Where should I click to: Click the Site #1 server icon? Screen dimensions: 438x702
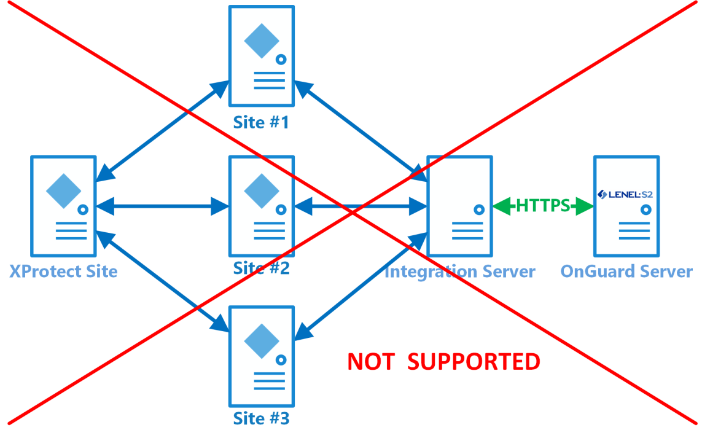tap(262, 56)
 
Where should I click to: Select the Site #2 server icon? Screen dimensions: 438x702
tap(262, 206)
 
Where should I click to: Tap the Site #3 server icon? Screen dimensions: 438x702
tap(262, 356)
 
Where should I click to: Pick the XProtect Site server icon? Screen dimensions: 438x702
tap(64, 206)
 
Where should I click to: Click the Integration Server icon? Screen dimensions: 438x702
tap(460, 206)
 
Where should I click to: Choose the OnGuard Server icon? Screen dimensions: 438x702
tap(626, 206)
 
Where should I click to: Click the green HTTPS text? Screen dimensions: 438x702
tap(543, 206)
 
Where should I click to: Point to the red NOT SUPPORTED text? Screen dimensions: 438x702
tap(443, 362)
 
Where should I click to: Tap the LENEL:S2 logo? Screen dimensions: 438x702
tap(625, 195)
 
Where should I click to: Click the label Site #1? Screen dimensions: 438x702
tap(261, 122)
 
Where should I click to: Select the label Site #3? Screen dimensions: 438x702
tap(261, 419)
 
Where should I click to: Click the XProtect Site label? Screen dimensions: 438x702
tap(63, 271)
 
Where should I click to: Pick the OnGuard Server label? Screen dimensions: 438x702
tap(626, 271)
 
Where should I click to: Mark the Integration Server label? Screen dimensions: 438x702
tap(459, 271)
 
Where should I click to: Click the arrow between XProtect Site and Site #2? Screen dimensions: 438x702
tap(163, 206)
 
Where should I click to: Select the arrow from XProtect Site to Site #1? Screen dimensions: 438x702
tap(161, 131)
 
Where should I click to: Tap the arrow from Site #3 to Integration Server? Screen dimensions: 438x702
tap(361, 286)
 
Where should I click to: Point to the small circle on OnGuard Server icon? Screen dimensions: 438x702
tap(645, 209)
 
